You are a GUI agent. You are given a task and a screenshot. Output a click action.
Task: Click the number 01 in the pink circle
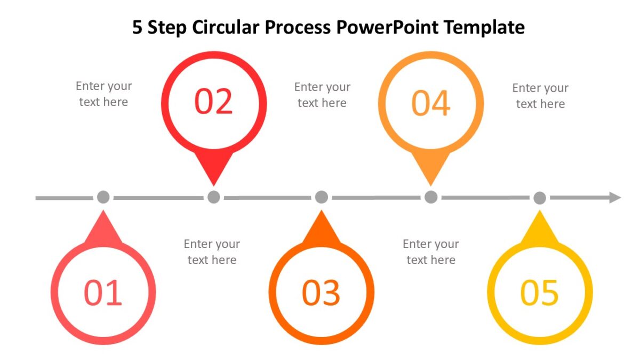103,293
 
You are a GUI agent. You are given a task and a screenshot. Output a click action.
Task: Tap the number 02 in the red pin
213,102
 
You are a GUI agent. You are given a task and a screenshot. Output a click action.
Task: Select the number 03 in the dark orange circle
321,293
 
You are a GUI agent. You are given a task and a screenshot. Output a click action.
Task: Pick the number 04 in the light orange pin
431,103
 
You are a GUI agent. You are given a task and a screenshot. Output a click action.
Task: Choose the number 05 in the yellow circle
539,293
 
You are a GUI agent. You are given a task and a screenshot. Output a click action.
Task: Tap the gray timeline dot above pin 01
103,197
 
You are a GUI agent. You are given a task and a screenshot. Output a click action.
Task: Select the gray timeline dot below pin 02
213,197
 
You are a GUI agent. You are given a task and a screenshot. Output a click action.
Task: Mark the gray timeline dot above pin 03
321,197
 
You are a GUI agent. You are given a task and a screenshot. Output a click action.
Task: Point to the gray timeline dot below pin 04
431,197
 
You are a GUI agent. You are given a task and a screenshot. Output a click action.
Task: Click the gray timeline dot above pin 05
540,198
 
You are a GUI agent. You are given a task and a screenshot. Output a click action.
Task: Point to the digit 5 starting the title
138,27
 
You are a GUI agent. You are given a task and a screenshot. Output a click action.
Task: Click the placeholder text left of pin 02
103,94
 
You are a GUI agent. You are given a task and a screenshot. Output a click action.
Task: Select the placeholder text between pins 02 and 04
322,95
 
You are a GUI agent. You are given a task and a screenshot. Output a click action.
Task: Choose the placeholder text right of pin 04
540,96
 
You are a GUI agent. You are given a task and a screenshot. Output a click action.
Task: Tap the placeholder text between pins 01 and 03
212,252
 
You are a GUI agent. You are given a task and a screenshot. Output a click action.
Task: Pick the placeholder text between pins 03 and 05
430,252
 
